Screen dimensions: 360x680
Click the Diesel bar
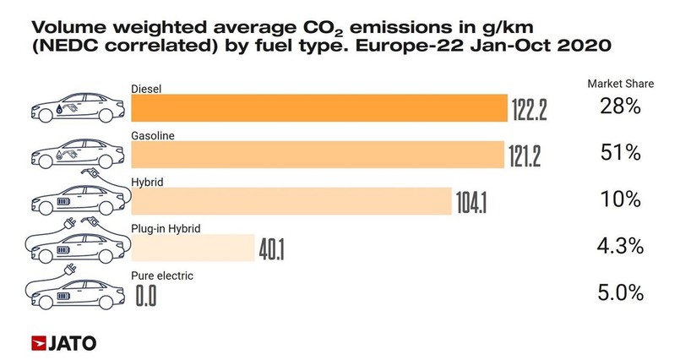[x=318, y=109]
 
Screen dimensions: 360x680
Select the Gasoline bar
[x=317, y=155]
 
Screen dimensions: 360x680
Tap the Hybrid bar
[x=291, y=202]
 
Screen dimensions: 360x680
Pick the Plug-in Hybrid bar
[x=193, y=248]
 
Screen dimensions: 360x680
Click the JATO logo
[x=63, y=342]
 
